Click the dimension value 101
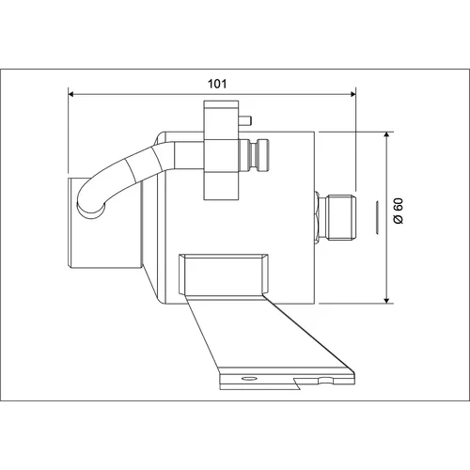click(x=217, y=84)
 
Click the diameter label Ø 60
click(x=399, y=211)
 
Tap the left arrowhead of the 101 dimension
click(x=70, y=94)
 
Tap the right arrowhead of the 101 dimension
click(x=353, y=94)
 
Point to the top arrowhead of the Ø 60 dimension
click(x=387, y=135)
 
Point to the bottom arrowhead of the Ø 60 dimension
click(x=387, y=301)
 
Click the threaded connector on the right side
click(x=340, y=218)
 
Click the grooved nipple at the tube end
click(x=254, y=156)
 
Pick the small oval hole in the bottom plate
click(x=249, y=378)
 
